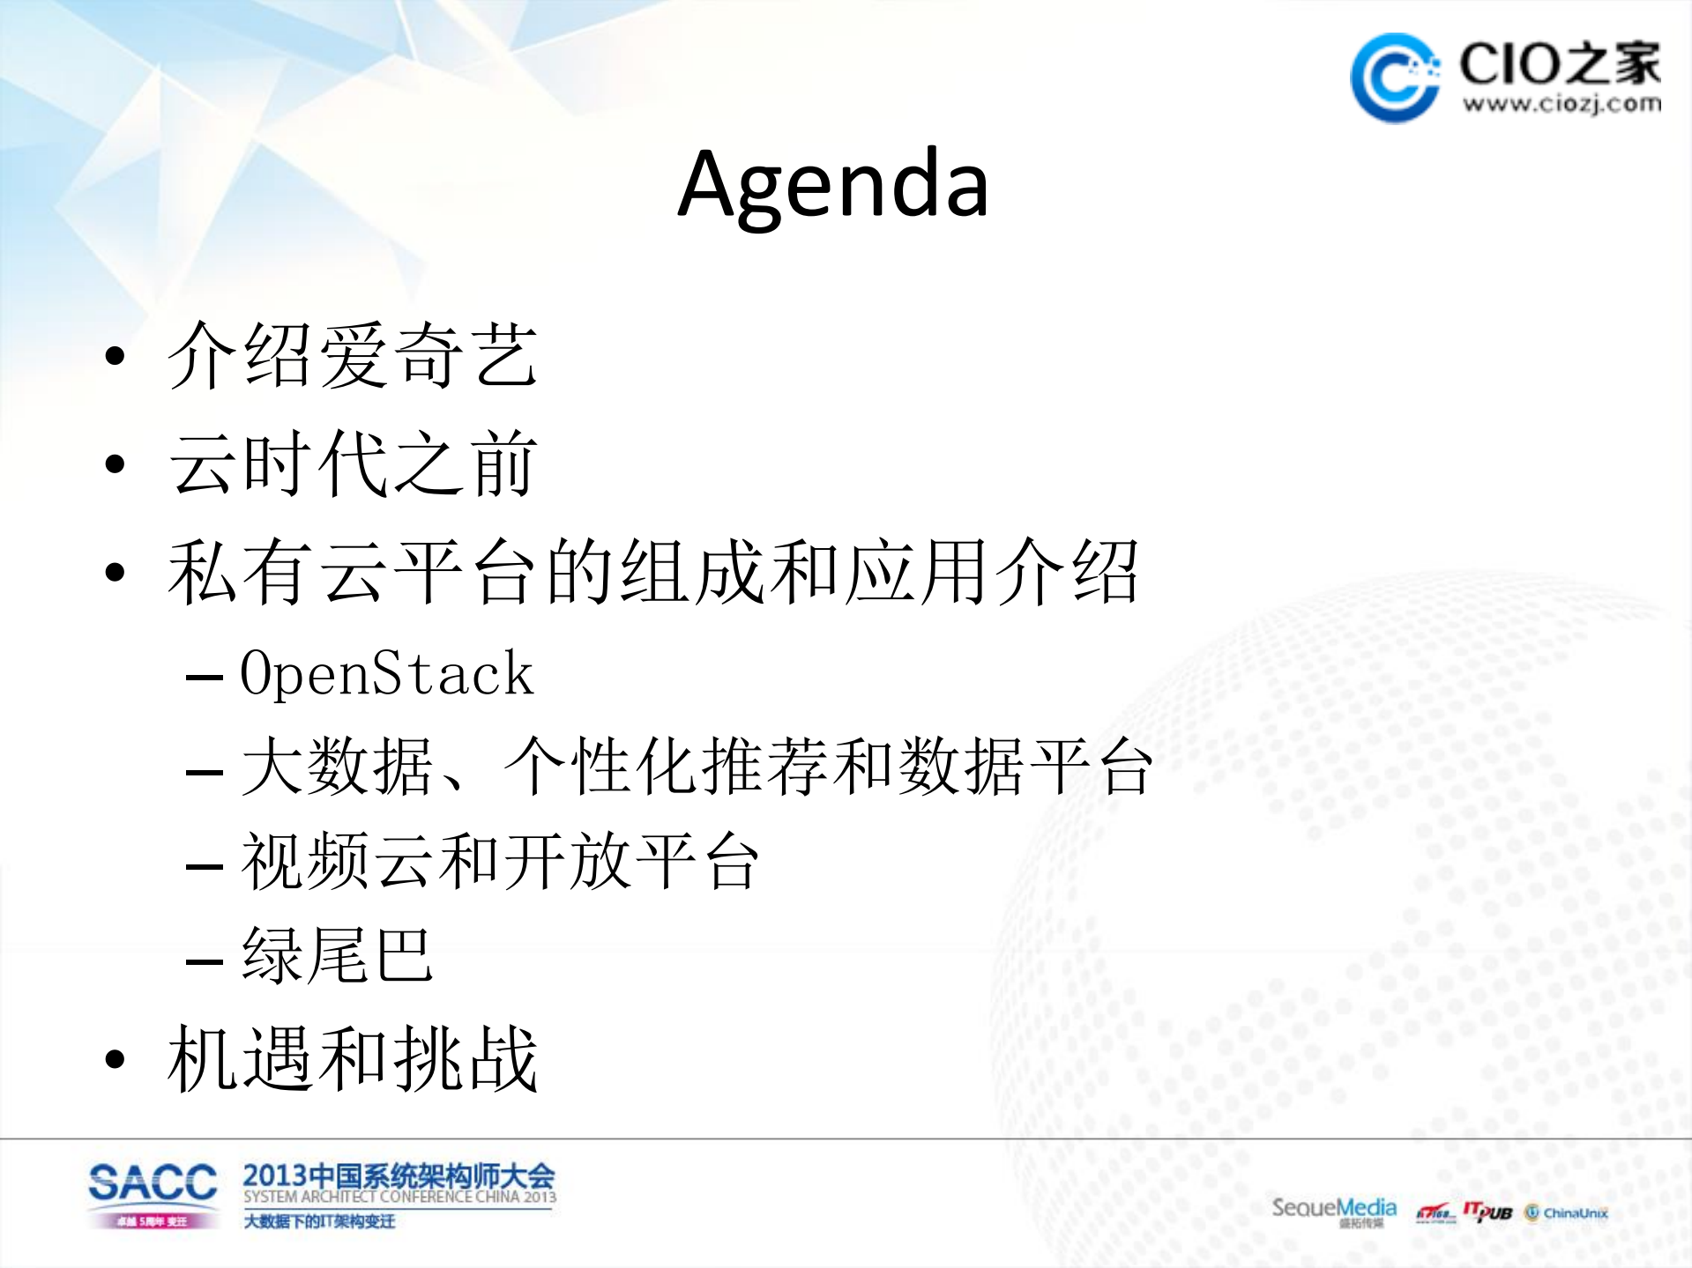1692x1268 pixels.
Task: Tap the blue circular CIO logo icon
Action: (x=1395, y=78)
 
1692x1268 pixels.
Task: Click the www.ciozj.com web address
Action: (x=1562, y=104)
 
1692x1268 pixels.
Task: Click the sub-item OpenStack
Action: (x=386, y=674)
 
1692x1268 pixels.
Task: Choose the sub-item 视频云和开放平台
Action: (x=499, y=862)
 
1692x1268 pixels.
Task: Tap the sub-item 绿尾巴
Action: (x=337, y=956)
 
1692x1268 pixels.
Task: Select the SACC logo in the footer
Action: (x=153, y=1183)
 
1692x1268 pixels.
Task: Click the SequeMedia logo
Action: (x=1333, y=1208)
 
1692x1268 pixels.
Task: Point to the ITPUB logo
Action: (x=1487, y=1212)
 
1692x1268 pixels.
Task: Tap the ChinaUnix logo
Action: (x=1567, y=1213)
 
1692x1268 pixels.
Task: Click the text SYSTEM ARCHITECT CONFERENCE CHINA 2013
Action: (x=399, y=1198)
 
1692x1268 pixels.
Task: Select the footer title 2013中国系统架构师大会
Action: (x=399, y=1175)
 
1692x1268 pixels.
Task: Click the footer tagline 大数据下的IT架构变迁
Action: (x=319, y=1221)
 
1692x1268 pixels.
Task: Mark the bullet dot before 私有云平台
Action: (x=115, y=573)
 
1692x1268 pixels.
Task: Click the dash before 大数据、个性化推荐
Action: (x=204, y=773)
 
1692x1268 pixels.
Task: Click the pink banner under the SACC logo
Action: (x=153, y=1221)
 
